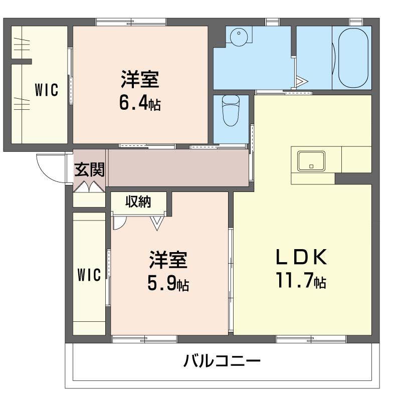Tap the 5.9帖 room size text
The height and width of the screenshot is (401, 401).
click(168, 284)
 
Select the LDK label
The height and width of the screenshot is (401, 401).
click(301, 257)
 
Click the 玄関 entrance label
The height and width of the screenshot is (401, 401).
click(90, 170)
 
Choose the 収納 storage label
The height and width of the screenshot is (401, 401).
click(138, 202)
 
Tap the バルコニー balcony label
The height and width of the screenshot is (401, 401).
click(222, 361)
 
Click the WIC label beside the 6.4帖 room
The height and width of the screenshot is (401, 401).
click(46, 90)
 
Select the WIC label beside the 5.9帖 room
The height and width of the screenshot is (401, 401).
click(89, 275)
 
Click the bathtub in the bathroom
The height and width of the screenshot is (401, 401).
click(353, 58)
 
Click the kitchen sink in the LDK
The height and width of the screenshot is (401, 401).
click(311, 161)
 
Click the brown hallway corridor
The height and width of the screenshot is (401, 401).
click(178, 168)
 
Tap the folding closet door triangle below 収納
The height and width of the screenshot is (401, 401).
click(157, 223)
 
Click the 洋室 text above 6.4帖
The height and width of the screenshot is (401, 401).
click(140, 80)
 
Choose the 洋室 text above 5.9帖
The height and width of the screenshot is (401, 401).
click(168, 261)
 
